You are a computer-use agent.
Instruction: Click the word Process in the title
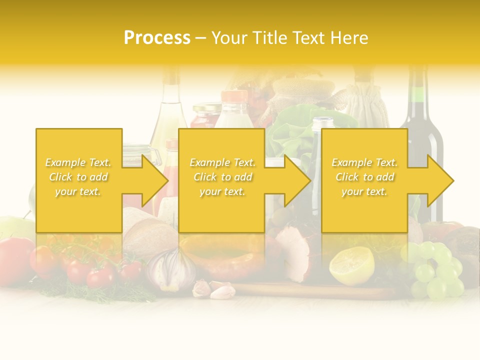[x=157, y=38]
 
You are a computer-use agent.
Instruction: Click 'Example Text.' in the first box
[x=78, y=162]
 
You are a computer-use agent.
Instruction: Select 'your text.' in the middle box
[x=222, y=191]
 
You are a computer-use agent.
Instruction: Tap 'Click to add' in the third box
[x=365, y=177]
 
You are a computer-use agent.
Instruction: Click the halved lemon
[x=351, y=265]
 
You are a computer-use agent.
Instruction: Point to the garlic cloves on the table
[x=215, y=289]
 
